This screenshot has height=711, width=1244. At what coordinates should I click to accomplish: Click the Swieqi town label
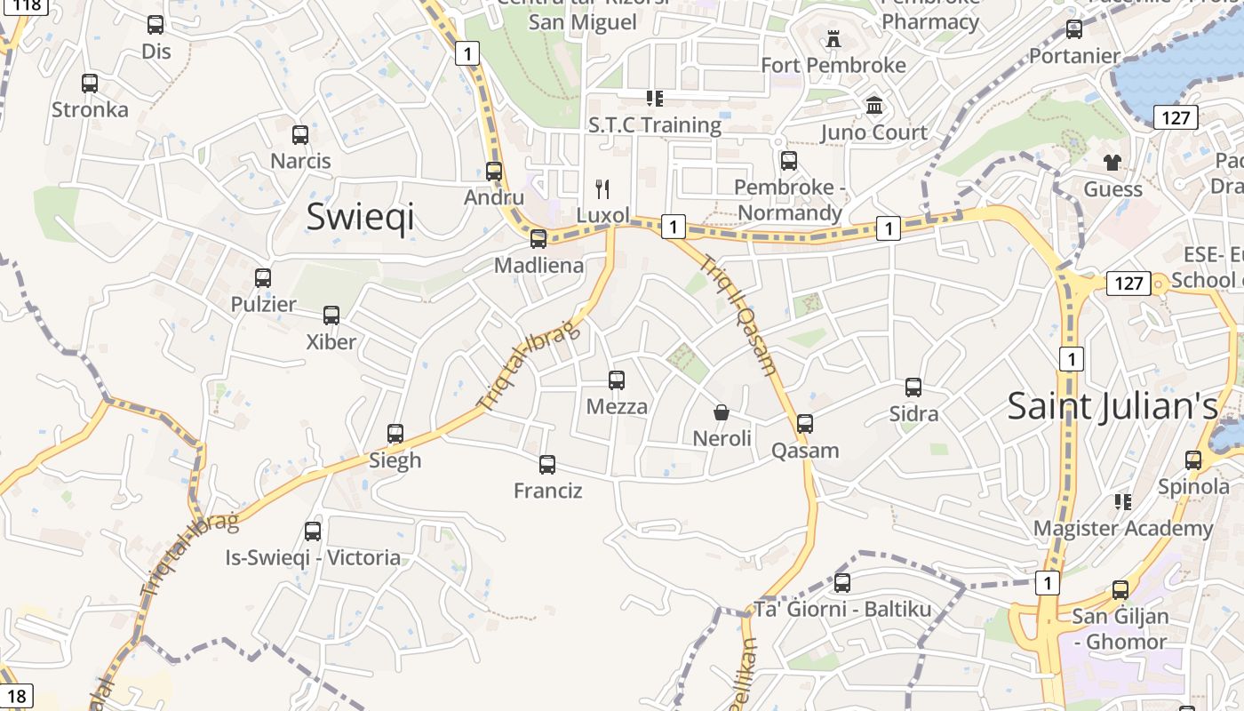click(x=360, y=217)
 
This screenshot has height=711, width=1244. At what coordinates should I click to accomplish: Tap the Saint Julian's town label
click(x=1112, y=406)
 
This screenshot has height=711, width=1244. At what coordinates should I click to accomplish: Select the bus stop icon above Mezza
click(x=617, y=380)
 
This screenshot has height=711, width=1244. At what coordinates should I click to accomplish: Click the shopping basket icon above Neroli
click(x=722, y=412)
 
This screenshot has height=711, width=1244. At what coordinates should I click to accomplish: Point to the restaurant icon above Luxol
click(x=602, y=188)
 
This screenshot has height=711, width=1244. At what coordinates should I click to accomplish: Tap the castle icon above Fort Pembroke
click(x=833, y=39)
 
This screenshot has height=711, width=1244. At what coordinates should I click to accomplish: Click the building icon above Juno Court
click(x=874, y=106)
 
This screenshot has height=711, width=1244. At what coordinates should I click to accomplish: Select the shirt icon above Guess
click(x=1112, y=163)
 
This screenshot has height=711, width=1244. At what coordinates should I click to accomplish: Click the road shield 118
click(x=27, y=5)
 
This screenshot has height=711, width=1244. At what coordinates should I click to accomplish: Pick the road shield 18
click(x=16, y=696)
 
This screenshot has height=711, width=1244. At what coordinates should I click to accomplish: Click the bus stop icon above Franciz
click(x=547, y=464)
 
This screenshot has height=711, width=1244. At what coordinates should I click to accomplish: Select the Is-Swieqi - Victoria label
click(x=313, y=558)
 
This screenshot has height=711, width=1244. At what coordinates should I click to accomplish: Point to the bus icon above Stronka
click(x=90, y=84)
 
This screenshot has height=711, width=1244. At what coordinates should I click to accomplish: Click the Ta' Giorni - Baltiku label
click(x=842, y=610)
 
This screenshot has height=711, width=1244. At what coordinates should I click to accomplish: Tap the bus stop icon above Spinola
click(x=1193, y=460)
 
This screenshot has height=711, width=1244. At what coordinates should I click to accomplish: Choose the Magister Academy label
click(x=1122, y=528)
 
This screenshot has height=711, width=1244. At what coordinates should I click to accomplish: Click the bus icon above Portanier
click(x=1074, y=29)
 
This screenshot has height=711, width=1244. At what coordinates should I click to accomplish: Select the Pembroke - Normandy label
click(x=789, y=200)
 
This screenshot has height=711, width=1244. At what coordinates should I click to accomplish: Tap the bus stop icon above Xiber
click(x=331, y=316)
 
